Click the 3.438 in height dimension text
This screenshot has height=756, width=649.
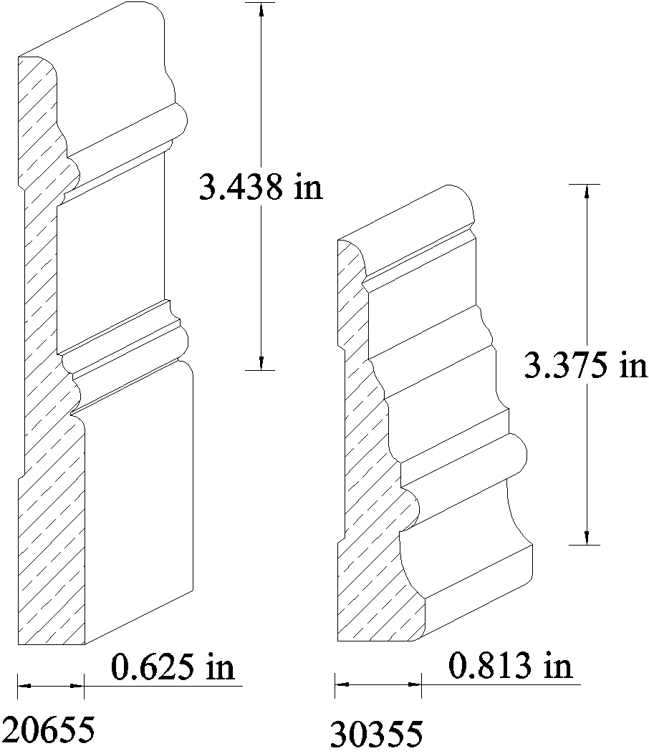261,187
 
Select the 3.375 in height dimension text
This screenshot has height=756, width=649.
586,365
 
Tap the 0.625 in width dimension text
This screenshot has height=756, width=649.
173,667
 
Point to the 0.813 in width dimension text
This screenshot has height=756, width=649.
510,666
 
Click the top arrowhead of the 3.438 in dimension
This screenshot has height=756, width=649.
261,9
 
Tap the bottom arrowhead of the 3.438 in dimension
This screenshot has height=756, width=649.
261,363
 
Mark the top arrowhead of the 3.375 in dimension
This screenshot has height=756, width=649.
587,191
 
